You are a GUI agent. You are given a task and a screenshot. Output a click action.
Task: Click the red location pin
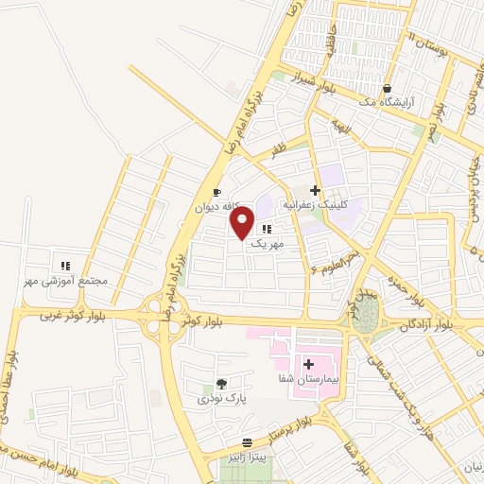click(x=243, y=224)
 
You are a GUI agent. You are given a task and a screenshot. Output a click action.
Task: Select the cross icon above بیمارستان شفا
click(x=309, y=363)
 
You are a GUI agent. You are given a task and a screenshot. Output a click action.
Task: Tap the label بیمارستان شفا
click(x=308, y=377)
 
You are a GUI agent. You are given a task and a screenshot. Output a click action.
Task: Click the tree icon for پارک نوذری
click(x=221, y=384)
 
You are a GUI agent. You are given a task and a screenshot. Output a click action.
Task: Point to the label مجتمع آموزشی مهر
click(x=64, y=281)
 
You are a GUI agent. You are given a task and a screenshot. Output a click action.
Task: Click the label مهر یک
click(x=268, y=243)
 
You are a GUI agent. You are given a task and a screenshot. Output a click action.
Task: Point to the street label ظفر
click(x=278, y=149)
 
